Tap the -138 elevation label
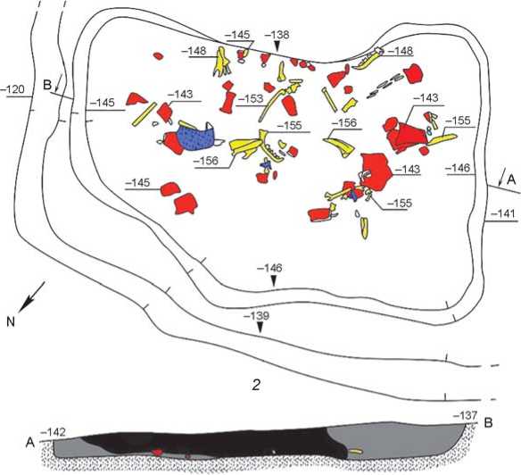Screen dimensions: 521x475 [277, 35]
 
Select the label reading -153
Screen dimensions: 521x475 [252, 99]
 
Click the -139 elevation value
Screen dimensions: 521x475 [256, 316]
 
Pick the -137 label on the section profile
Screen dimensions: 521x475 [466, 415]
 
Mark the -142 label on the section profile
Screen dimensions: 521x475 [53, 433]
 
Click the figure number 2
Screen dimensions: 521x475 [256, 385]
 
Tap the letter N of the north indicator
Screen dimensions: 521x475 [11, 321]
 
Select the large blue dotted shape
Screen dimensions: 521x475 [195, 137]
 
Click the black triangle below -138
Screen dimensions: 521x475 [277, 46]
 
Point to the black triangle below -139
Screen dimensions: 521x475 [260, 328]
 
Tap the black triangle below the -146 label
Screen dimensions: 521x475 [274, 281]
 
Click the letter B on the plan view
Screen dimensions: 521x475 [47, 85]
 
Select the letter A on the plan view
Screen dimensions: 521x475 [511, 180]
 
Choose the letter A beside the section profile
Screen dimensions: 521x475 [30, 444]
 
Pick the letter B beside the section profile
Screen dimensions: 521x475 [489, 423]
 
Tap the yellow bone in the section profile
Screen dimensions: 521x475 [355, 452]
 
